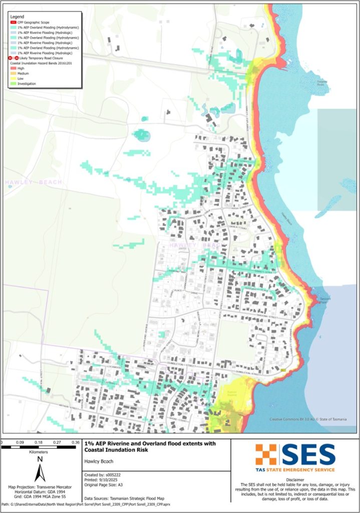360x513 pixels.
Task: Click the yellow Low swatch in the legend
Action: pyautogui.click(x=13, y=79)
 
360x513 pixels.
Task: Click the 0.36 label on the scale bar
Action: pyautogui.click(x=76, y=442)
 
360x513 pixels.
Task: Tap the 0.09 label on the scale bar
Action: pyautogui.click(x=21, y=442)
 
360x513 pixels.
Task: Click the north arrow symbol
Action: pyautogui.click(x=40, y=471)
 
